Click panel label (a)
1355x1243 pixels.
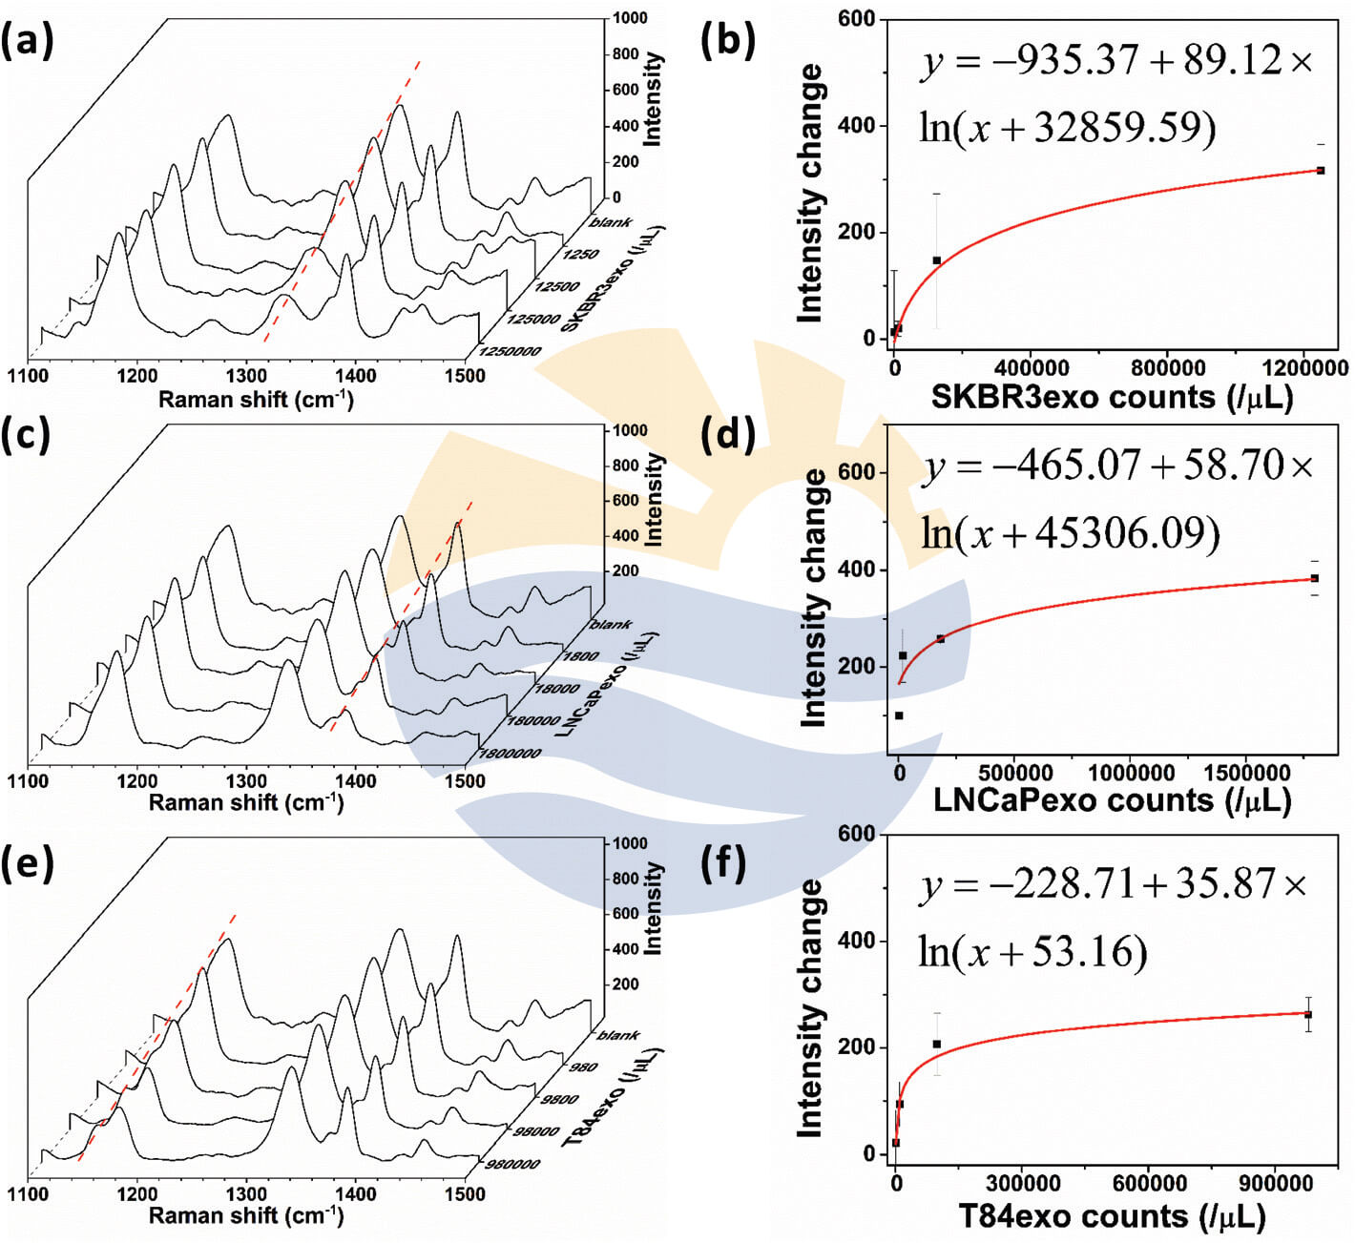point(27,42)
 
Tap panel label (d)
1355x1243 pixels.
point(727,434)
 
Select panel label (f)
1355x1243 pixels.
point(722,861)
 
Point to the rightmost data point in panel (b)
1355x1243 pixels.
point(1321,171)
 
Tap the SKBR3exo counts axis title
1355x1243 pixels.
point(1112,396)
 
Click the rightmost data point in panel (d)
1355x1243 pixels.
point(1314,578)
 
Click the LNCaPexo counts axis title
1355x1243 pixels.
point(1112,800)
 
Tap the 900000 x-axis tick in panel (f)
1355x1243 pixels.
point(1274,1184)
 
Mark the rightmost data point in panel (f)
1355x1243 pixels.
point(1308,1015)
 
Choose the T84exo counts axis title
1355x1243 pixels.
point(1112,1216)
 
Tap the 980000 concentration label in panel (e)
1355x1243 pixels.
point(512,1164)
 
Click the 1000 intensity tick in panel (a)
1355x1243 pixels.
point(629,18)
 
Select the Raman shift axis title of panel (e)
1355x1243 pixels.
point(245,1215)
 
